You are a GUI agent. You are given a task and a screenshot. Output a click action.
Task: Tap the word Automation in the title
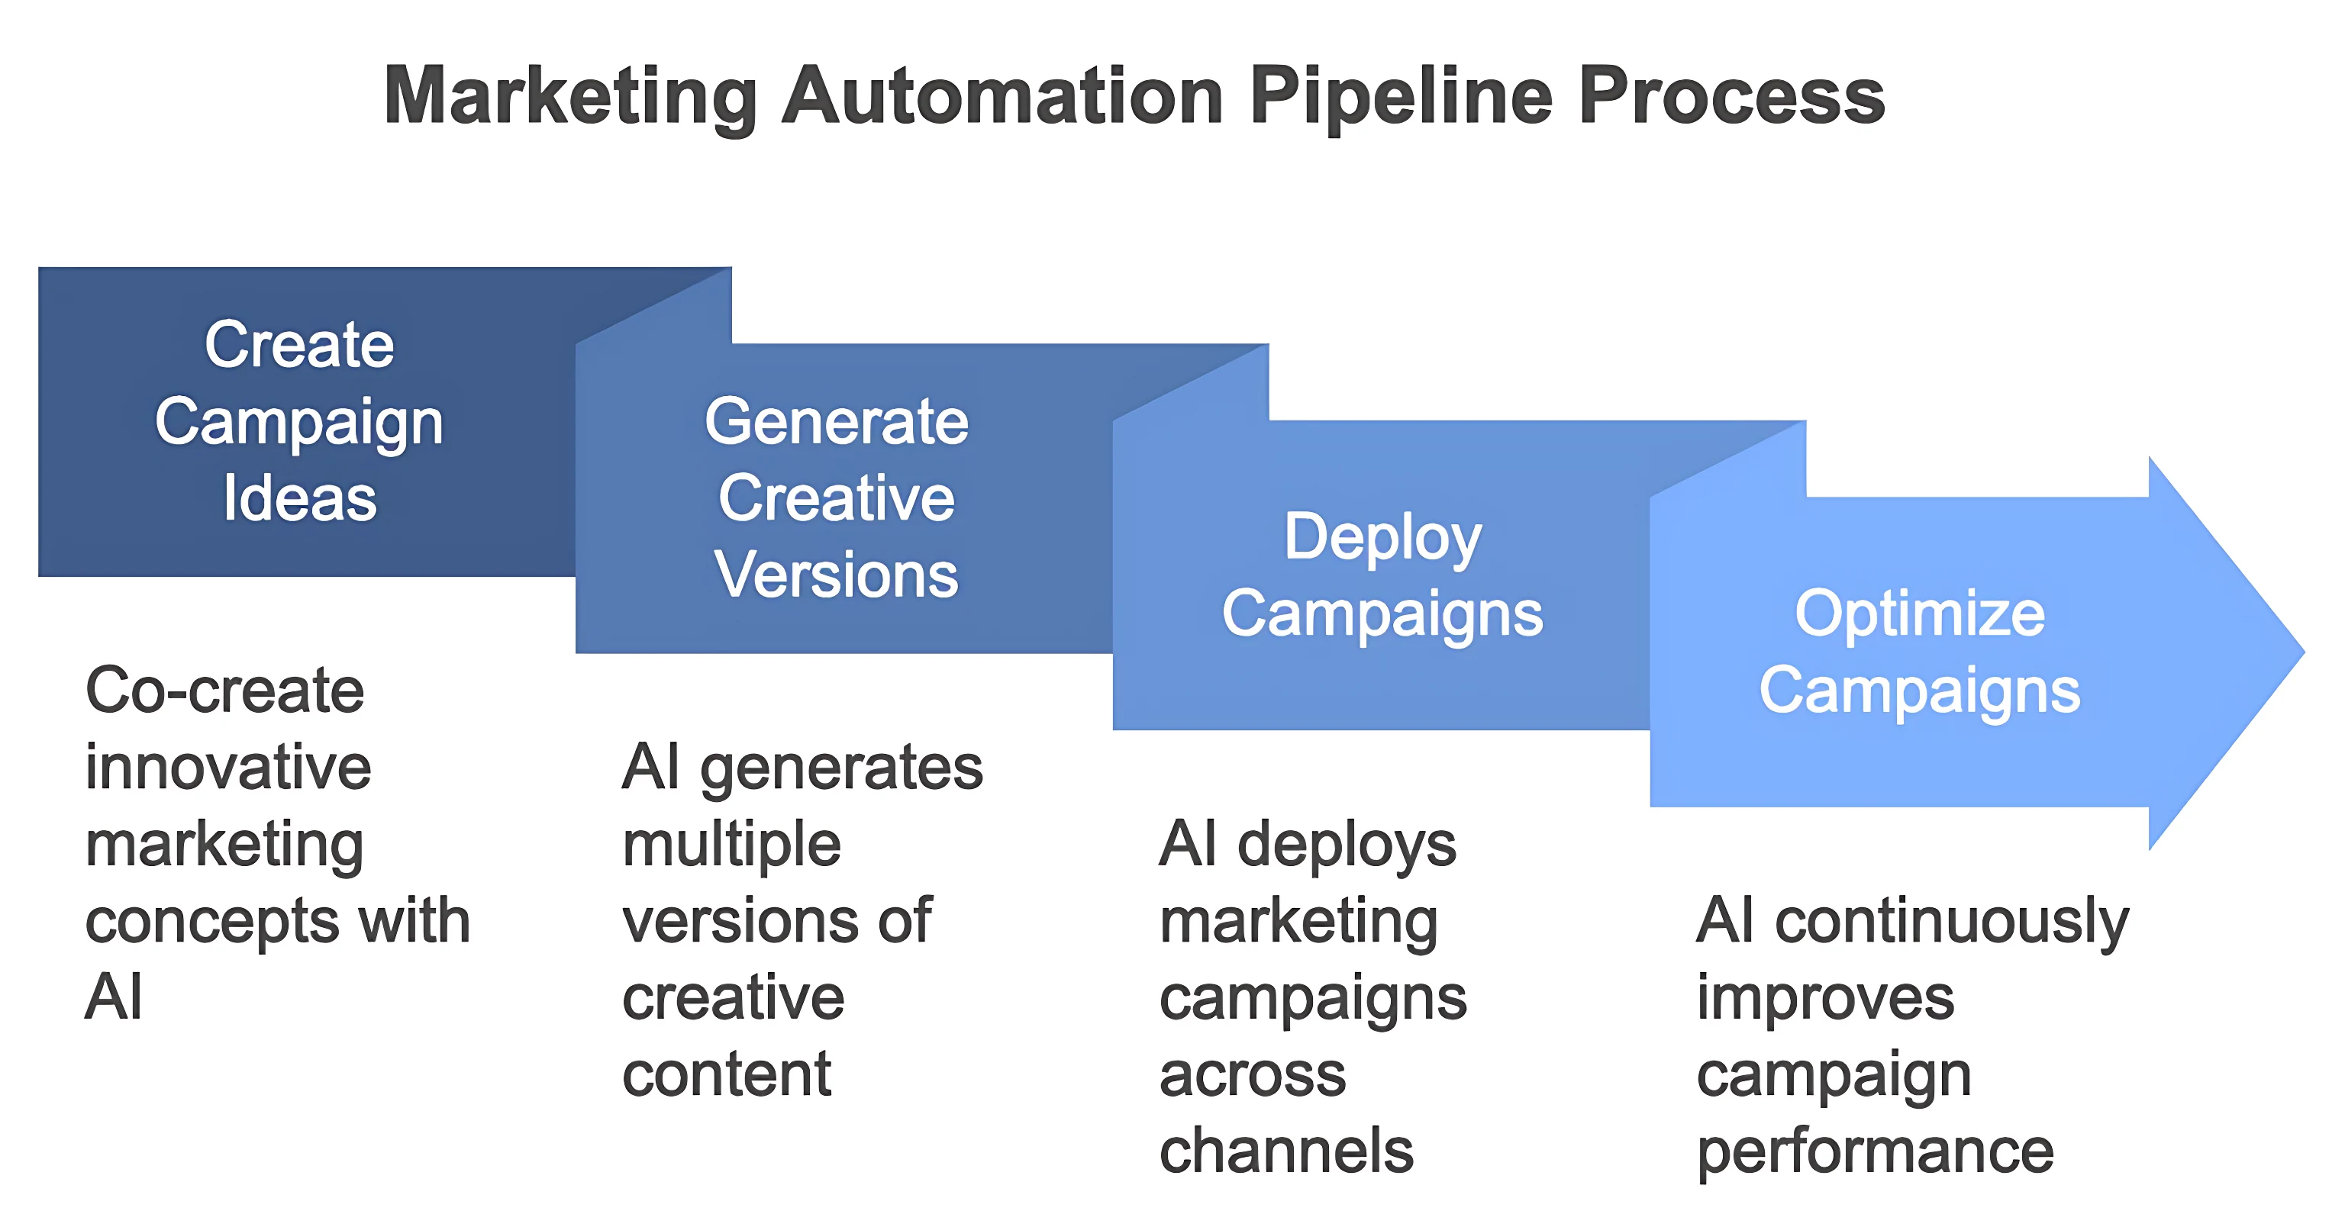point(1002,95)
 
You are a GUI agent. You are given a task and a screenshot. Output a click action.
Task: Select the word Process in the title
point(1731,95)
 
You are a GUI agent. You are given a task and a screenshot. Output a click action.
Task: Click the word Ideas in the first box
point(299,498)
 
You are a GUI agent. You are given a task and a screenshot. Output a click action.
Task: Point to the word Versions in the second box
point(837,575)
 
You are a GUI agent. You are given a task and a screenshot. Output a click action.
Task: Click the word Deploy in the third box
point(1382,537)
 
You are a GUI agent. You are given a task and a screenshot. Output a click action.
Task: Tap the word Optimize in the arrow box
point(1920,613)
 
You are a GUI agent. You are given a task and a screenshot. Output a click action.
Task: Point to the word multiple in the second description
point(731,844)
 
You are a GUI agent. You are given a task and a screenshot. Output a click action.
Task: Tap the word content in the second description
point(727,1074)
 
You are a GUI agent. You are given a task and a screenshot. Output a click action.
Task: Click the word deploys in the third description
point(1347,844)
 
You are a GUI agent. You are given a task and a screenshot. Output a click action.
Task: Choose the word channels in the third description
point(1286,1151)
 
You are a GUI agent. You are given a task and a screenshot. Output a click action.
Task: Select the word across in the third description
point(1253,1074)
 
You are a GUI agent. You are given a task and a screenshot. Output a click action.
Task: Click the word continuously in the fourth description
point(1952,921)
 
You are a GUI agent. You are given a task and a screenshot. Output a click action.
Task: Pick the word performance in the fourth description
point(1876,1151)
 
